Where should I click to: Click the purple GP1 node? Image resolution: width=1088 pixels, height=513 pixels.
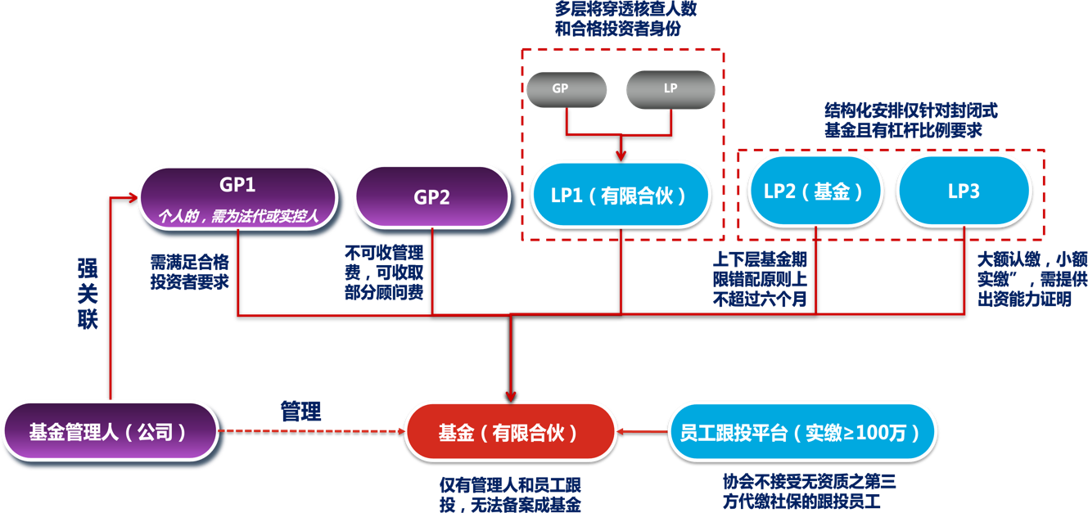pyautogui.click(x=237, y=198)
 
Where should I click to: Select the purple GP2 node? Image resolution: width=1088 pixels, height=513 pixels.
pyautogui.click(x=431, y=198)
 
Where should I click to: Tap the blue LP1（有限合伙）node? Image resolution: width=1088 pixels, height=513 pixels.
pyautogui.click(x=621, y=196)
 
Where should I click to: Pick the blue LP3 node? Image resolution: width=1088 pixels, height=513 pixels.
pyautogui.click(x=964, y=191)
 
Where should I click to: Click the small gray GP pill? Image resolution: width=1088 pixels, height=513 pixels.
pyautogui.click(x=566, y=88)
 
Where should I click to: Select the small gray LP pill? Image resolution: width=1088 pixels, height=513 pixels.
pyautogui.click(x=670, y=88)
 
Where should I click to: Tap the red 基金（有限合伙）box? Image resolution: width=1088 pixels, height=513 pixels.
pyautogui.click(x=509, y=432)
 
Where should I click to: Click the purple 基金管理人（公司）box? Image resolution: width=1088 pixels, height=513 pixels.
pyautogui.click(x=111, y=431)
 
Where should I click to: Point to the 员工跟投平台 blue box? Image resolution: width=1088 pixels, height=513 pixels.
pyautogui.click(x=803, y=431)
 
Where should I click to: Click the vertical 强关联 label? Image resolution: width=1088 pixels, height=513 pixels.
pyautogui.click(x=88, y=293)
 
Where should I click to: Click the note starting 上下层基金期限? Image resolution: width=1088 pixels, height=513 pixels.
pyautogui.click(x=761, y=279)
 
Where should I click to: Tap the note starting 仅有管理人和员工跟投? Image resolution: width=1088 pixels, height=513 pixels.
pyautogui.click(x=510, y=494)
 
